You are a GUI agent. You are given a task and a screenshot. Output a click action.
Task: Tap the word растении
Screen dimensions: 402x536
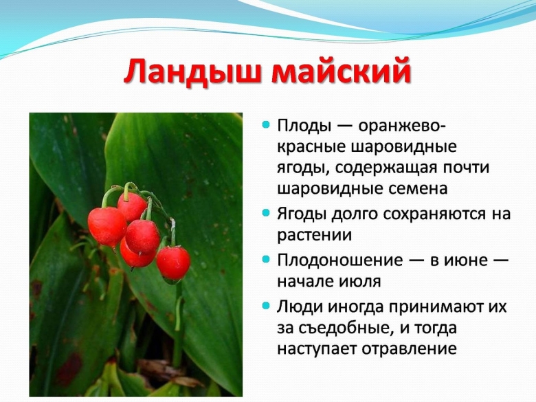click(315, 234)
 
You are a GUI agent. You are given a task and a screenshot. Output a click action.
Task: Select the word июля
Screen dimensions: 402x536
click(358, 281)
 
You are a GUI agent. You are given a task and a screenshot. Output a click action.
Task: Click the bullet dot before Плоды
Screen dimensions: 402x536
click(265, 126)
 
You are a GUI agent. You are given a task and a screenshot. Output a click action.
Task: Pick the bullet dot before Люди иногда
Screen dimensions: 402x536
click(265, 306)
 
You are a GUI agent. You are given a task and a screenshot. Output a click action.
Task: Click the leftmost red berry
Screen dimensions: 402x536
click(107, 227)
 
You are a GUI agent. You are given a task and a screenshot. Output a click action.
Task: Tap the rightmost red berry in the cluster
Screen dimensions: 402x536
click(173, 263)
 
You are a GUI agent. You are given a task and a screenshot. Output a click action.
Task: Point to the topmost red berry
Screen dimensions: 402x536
click(131, 205)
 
